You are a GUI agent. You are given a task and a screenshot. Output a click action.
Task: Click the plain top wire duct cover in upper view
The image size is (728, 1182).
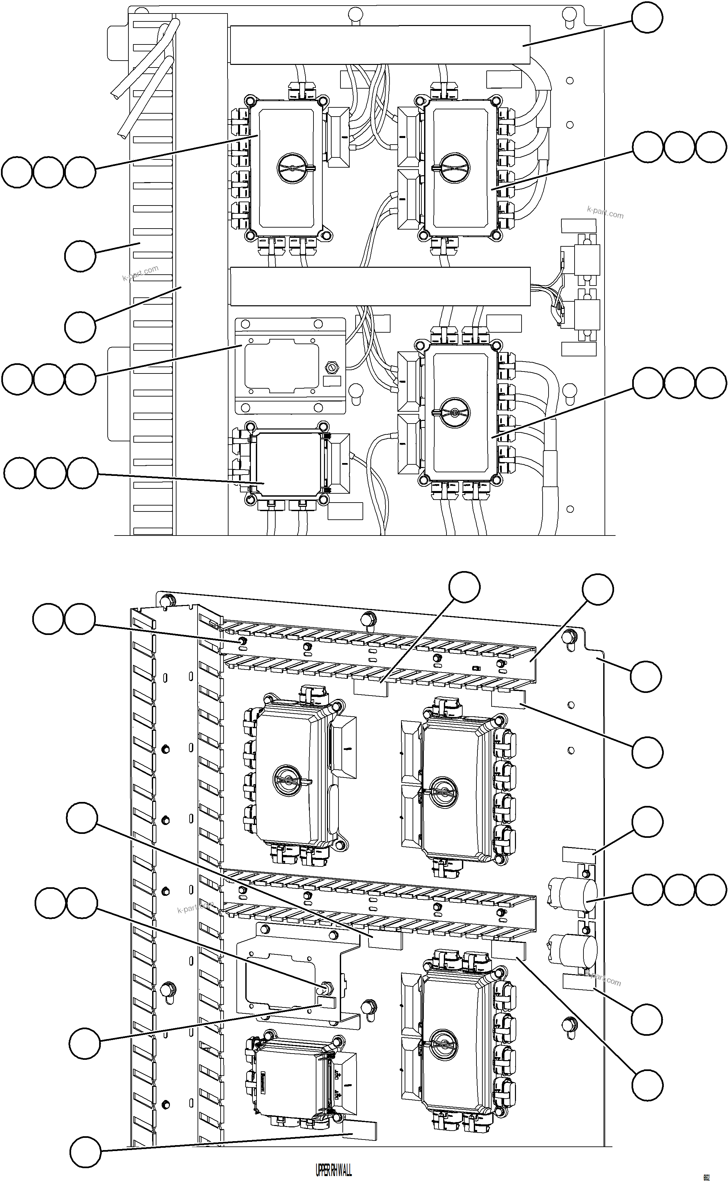click(380, 45)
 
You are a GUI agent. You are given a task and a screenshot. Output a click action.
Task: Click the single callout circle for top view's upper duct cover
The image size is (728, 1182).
click(647, 17)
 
